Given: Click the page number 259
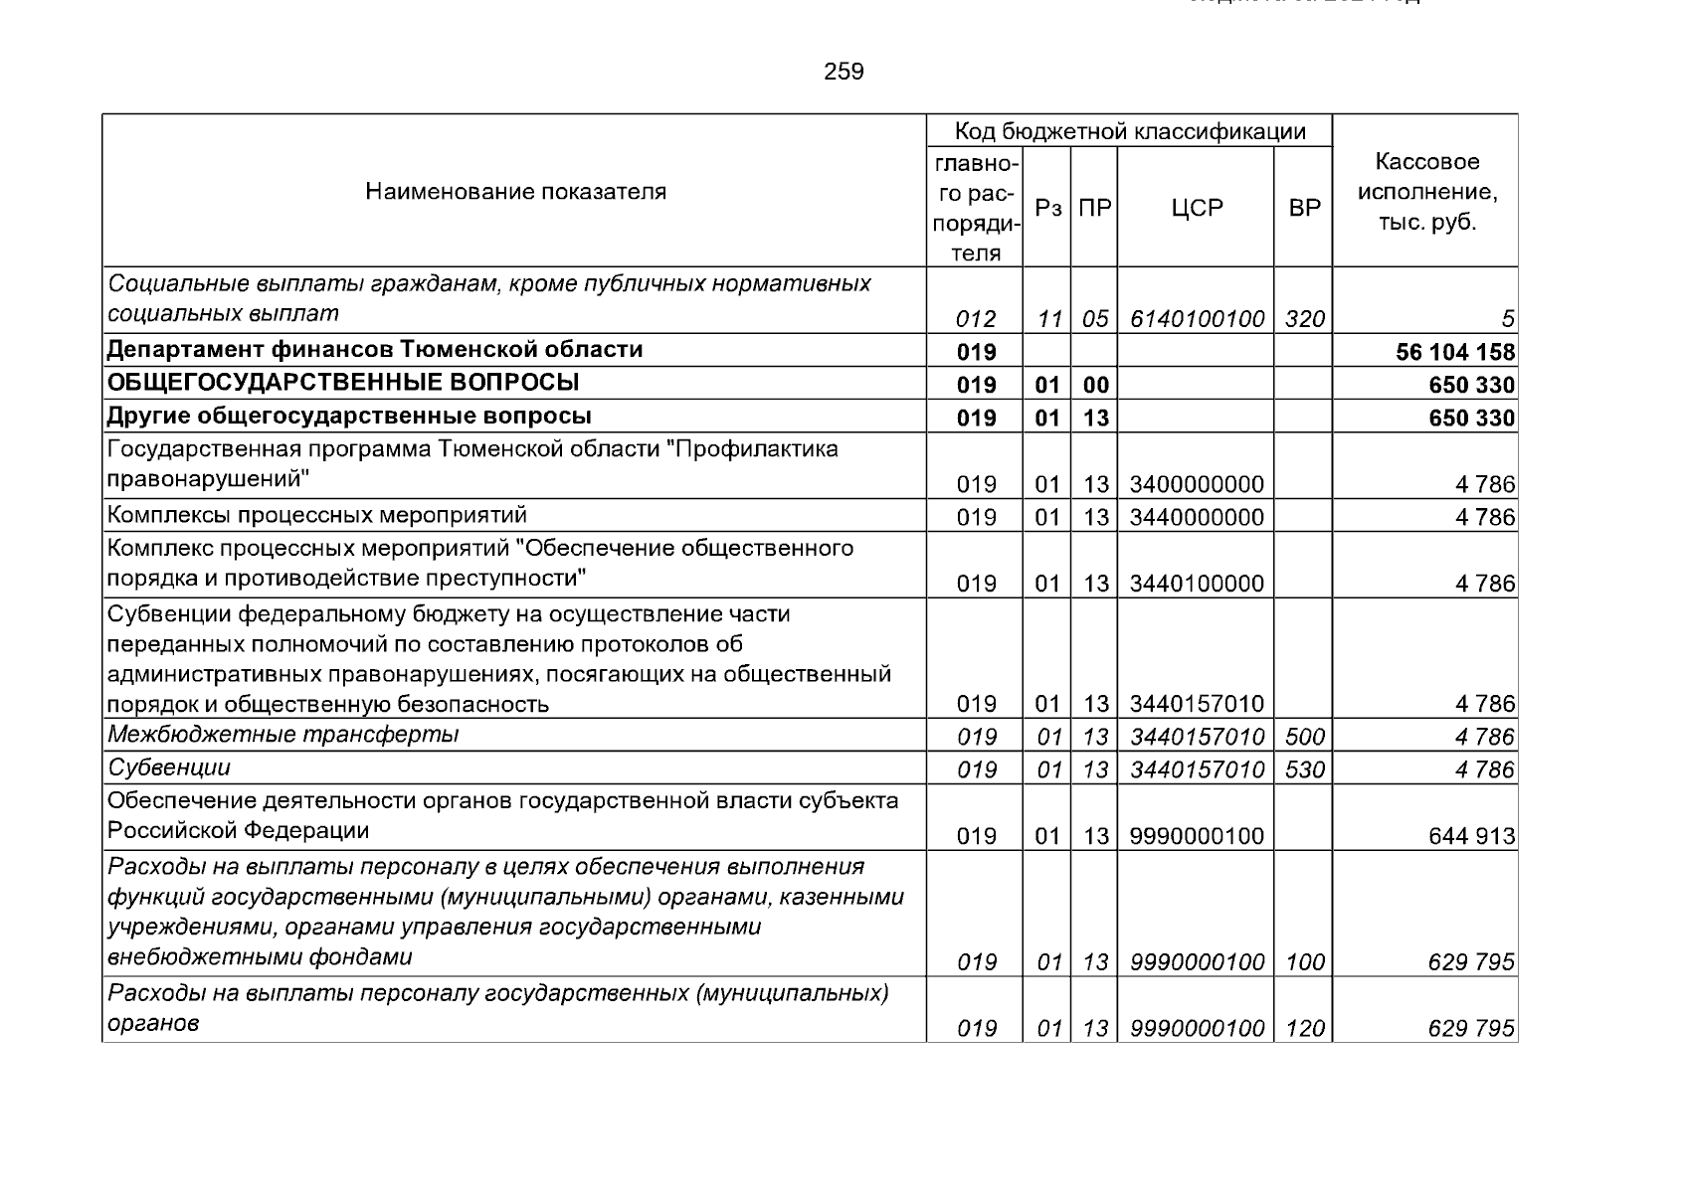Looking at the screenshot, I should point(844,72).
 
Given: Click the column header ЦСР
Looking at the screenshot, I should point(1196,209).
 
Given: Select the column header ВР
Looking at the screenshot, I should point(1304,209).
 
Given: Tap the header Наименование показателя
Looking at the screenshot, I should point(515,191).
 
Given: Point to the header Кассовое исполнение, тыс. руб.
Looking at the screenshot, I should point(1426,191).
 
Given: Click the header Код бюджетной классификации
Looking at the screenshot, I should point(1129,131).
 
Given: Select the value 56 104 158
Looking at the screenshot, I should point(1455,352).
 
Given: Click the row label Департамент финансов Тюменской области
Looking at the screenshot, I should point(375,350).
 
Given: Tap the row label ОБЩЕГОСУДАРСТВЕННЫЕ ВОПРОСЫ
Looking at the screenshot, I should point(343,383).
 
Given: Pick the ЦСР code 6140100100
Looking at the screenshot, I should point(1197,319).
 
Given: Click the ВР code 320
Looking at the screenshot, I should point(1304,319).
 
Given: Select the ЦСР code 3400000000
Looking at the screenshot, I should point(1197,484).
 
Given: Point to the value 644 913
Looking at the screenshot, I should point(1471,836).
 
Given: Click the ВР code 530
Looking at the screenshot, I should point(1304,769).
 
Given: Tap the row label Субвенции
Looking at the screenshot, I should point(169,767).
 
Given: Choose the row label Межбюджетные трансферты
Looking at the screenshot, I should point(283,735).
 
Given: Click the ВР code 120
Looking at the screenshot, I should point(1304,1028).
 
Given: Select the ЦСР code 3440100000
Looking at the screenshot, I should point(1197,584).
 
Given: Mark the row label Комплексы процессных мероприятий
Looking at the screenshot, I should point(317,515).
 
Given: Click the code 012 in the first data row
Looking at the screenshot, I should point(976,319).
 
